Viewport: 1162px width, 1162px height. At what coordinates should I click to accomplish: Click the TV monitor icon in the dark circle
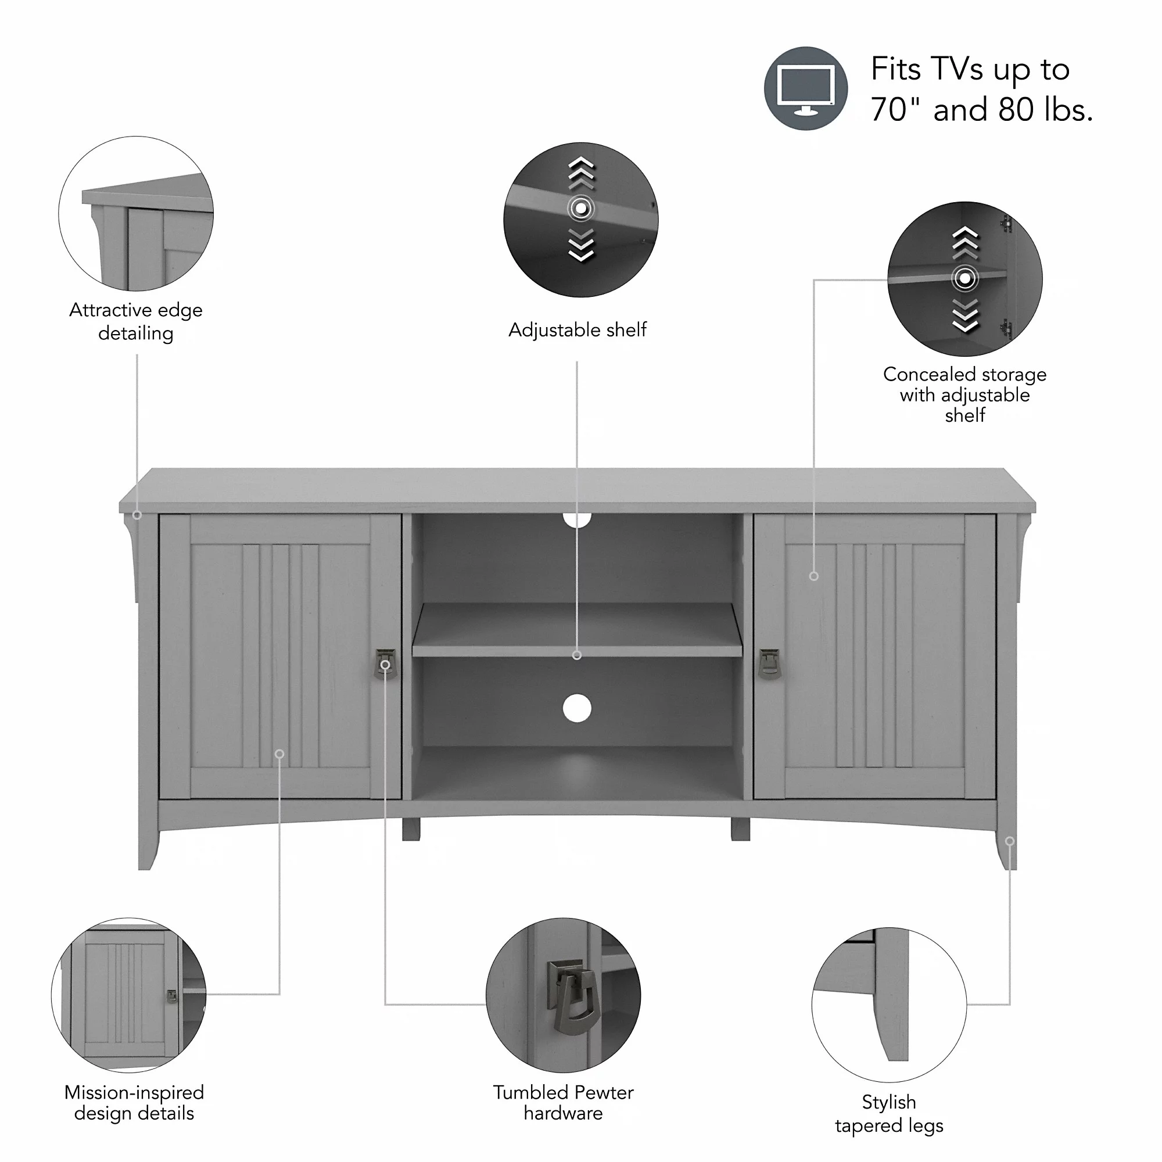(806, 89)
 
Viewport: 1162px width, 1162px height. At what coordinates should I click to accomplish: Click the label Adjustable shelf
(578, 329)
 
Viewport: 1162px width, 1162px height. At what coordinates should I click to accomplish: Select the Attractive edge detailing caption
(136, 321)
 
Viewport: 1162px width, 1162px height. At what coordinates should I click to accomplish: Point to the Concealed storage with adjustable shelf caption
(964, 394)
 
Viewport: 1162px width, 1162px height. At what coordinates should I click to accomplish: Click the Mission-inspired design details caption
(134, 1103)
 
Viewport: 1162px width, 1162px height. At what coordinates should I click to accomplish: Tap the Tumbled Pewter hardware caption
(564, 1103)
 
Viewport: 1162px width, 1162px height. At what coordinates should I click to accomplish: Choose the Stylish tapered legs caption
(889, 1113)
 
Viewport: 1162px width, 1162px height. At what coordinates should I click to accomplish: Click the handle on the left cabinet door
(385, 664)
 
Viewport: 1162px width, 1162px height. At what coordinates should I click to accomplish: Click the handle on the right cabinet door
(769, 664)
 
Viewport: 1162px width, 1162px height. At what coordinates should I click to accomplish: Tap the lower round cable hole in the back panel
(577, 708)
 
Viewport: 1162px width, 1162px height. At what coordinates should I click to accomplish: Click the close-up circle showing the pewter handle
(563, 995)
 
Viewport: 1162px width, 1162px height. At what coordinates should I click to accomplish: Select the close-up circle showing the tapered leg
(889, 1005)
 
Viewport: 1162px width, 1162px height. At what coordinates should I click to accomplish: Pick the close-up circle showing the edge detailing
(136, 213)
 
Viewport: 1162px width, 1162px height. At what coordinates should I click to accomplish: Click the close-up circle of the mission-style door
(129, 995)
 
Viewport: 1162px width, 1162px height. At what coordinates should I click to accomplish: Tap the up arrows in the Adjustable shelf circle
(581, 173)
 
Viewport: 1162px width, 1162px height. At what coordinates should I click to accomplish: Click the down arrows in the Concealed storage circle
(964, 315)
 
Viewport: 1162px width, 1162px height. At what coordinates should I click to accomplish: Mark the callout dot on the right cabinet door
(814, 576)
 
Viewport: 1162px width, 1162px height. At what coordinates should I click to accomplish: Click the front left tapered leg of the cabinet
(148, 842)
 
